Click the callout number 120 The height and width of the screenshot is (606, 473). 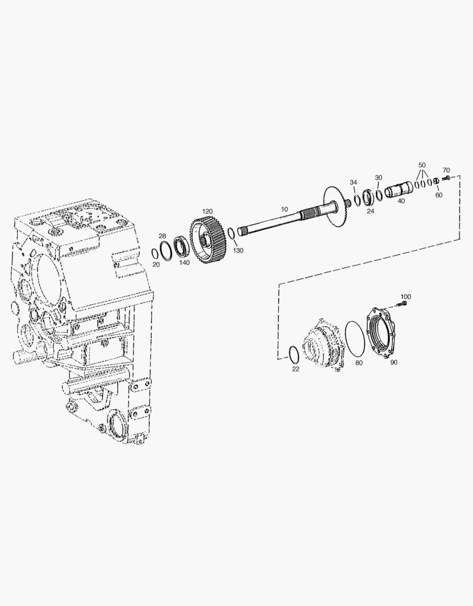click(208, 212)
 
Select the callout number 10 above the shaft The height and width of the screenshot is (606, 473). click(284, 209)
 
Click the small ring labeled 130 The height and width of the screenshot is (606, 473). click(231, 234)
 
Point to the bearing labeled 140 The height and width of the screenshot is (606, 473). click(181, 246)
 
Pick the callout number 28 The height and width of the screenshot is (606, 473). click(162, 236)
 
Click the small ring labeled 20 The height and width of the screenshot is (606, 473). click(154, 253)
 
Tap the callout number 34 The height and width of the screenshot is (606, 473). click(353, 182)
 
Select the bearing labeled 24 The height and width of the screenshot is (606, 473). click(368, 198)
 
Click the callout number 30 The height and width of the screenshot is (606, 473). click(378, 177)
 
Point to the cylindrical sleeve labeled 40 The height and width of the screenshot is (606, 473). click(398, 191)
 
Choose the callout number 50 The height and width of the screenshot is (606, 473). click(422, 165)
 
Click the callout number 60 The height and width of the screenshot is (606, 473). click(439, 195)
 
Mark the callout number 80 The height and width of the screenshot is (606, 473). click(359, 363)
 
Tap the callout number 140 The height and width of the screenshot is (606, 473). click(185, 263)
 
